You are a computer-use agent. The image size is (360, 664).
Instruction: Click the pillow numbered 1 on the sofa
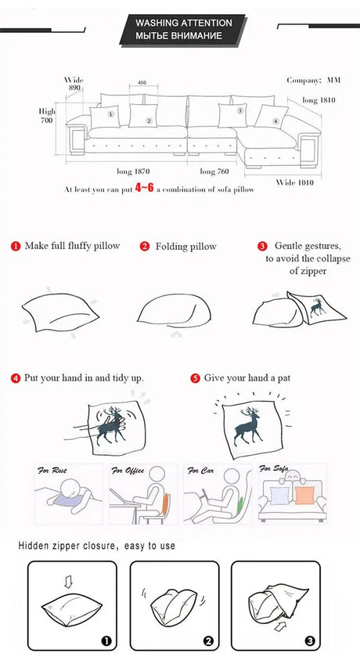(105, 117)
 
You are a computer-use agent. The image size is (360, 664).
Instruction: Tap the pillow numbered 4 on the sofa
(272, 117)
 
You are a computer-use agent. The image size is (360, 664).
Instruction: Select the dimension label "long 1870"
(133, 171)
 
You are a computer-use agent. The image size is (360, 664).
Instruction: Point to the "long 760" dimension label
(214, 171)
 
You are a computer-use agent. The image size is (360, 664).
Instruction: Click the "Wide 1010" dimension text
(295, 182)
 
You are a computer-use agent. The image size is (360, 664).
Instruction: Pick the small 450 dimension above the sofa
(142, 82)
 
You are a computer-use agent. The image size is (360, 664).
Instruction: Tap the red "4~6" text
(144, 188)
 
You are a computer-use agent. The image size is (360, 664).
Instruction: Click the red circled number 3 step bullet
(262, 247)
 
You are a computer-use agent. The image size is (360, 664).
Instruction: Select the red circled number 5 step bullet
(195, 378)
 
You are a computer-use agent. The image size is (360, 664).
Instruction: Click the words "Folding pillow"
(185, 247)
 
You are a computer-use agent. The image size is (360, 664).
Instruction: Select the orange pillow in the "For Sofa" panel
(304, 495)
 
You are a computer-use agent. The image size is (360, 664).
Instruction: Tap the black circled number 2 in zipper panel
(208, 641)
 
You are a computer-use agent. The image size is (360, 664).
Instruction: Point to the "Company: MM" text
(314, 80)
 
